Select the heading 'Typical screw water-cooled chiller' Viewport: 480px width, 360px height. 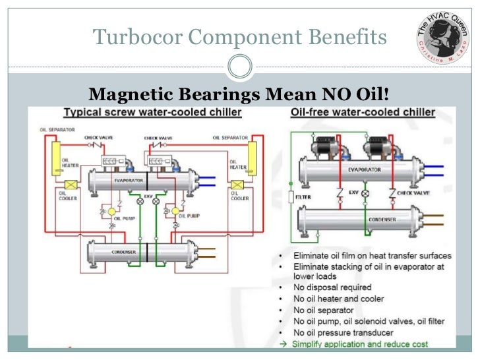click(152, 113)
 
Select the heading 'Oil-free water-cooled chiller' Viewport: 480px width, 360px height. click(363, 112)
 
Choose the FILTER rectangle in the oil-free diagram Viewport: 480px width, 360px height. click(290, 196)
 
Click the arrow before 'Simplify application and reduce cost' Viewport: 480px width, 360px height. click(283, 344)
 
